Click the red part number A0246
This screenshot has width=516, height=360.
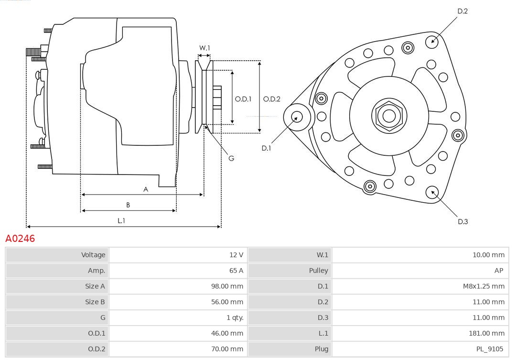coord(20,238)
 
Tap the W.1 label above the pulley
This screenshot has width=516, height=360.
coord(204,48)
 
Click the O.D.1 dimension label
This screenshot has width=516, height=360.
coord(243,99)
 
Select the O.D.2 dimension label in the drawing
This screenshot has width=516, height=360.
coord(272,99)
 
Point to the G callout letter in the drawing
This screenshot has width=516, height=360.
coord(231,158)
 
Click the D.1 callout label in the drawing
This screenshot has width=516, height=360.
coord(266,148)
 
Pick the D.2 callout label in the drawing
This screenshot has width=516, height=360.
coord(462,11)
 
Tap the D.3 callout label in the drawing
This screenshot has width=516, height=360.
coord(462,221)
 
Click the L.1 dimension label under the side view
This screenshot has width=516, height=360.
coord(121,220)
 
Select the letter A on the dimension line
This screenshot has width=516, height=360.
coord(146,189)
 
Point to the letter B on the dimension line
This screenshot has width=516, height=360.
coord(128,205)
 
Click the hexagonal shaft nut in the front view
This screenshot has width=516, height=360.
coord(389,116)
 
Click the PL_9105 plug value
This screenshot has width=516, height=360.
coord(490,349)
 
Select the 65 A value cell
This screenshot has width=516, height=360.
coord(236,271)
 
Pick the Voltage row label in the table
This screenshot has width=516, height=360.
coord(93,255)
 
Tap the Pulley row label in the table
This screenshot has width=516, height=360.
coord(318,271)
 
